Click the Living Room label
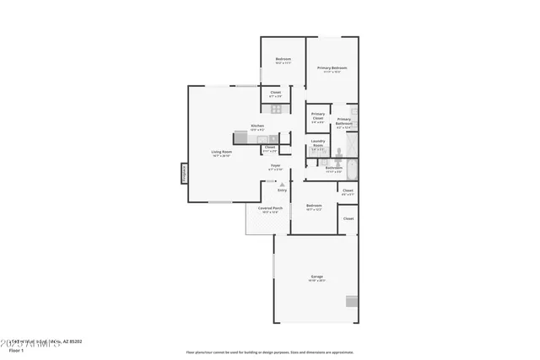(221, 153)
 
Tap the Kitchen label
(257, 127)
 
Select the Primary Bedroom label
(332, 69)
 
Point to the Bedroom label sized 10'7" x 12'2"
(314, 207)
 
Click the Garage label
(317, 278)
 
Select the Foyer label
(275, 167)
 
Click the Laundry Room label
(318, 143)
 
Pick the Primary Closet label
(318, 116)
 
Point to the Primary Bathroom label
(343, 122)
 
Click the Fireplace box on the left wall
(183, 173)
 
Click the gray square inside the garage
(351, 302)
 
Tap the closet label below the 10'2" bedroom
(275, 94)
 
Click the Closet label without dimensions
(348, 218)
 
